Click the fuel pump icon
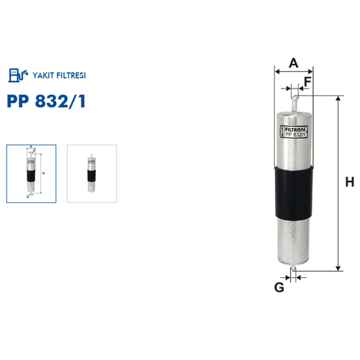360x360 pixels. coord(18,75)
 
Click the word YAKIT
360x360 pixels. coord(43,76)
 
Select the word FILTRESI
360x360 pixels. coord(71,76)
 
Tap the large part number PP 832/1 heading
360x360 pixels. coord(46,101)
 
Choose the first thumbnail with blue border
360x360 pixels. coord(31,174)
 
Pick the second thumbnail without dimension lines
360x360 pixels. coord(92,174)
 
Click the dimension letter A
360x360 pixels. coord(294,63)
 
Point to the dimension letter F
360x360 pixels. coord(307,81)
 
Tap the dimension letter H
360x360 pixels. coord(350,182)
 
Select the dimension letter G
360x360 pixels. coord(279,287)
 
